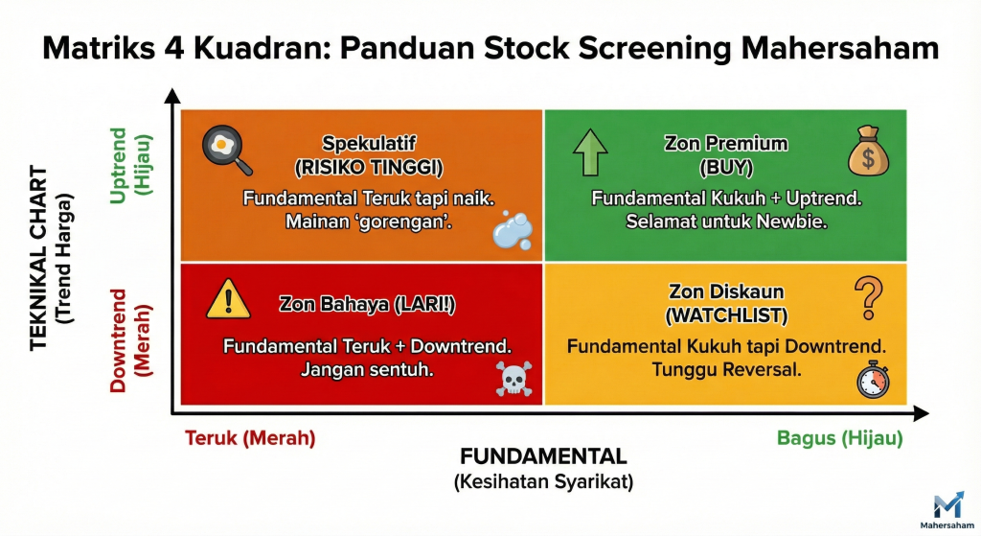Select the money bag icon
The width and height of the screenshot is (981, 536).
pos(868,152)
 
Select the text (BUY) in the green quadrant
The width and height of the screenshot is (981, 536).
pos(725,168)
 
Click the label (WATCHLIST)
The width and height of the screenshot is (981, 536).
pos(725,314)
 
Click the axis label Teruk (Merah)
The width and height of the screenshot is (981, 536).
pos(249,437)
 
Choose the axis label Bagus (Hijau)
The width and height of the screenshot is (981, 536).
pos(839,437)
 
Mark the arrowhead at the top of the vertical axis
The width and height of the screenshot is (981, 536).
pos(172,95)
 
